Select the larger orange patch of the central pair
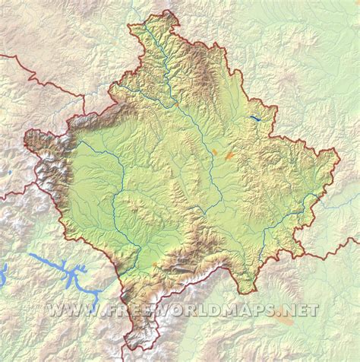click(x=229, y=155)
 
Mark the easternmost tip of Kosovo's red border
click(x=339, y=150)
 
